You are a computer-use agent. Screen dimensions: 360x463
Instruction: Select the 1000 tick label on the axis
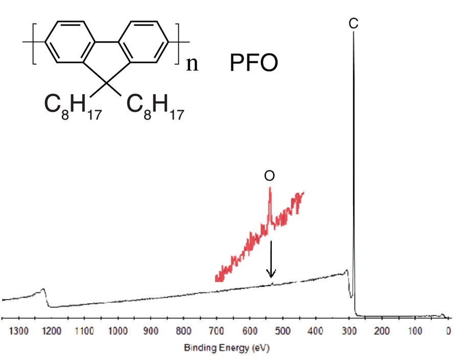click(118, 331)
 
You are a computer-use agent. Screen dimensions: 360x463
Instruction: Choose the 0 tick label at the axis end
click(448, 331)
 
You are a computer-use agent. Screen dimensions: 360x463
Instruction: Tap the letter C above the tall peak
click(354, 24)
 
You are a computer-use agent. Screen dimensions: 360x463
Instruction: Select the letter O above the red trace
click(269, 176)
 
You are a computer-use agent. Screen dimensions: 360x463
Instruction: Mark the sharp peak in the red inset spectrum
click(270, 189)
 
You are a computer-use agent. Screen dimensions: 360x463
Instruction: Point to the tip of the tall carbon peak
click(354, 33)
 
